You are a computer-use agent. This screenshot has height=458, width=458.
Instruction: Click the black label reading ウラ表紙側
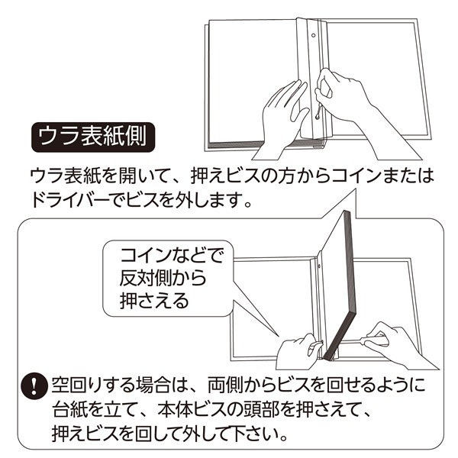pyautogui.click(x=93, y=137)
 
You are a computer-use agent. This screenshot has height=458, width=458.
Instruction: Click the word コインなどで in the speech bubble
pyautogui.click(x=172, y=256)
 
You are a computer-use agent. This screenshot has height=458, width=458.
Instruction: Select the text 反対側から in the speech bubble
pyautogui.click(x=163, y=278)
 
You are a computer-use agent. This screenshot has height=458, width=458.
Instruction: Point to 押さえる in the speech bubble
pyautogui.click(x=154, y=300)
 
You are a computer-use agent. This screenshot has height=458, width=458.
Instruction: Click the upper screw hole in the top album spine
pyautogui.click(x=314, y=36)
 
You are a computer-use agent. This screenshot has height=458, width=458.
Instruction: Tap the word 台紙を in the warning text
pyautogui.click(x=79, y=410)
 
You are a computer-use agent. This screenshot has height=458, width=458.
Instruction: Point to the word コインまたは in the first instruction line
pyautogui.click(x=383, y=176)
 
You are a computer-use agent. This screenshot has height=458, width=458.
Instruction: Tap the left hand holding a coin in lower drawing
pyautogui.click(x=298, y=350)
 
